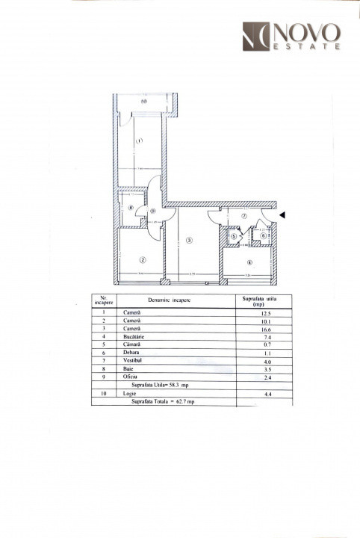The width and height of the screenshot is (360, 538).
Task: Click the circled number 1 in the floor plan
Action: click(x=139, y=140)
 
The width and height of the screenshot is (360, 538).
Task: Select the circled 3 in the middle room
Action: click(x=190, y=240)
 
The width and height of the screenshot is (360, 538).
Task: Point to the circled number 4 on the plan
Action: click(x=249, y=262)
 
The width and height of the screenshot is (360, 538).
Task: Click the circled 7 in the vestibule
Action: click(x=243, y=216)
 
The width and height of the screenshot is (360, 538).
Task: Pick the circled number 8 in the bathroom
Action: click(x=131, y=208)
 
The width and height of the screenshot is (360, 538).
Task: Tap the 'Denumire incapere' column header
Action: click(x=168, y=300)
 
